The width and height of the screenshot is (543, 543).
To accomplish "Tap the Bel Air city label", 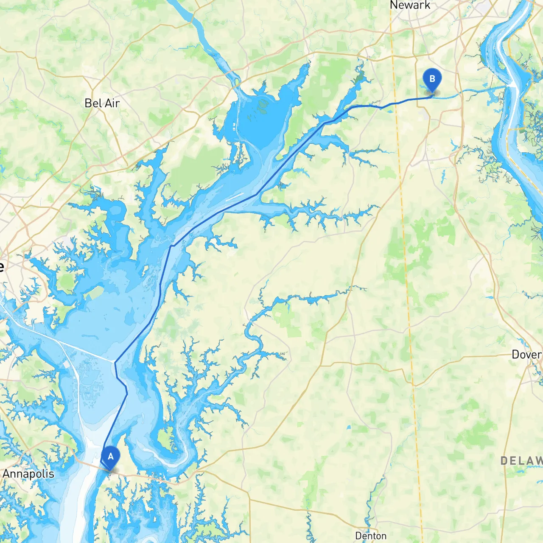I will pyautogui.click(x=102, y=103).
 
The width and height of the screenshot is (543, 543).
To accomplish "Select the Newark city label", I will pyautogui.click(x=410, y=6).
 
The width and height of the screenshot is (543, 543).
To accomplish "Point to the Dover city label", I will pyautogui.click(x=526, y=354).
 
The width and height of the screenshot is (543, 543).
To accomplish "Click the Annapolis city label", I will pyautogui.click(x=28, y=473).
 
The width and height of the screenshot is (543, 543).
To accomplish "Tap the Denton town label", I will pyautogui.click(x=370, y=536).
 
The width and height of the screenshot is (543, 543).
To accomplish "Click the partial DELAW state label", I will pyautogui.click(x=521, y=461).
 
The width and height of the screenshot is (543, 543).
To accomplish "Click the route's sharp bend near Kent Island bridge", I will pyautogui.click(x=115, y=362).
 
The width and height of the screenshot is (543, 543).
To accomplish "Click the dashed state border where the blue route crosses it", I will pyautogui.click(x=395, y=103).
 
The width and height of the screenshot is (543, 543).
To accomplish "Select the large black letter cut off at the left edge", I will pyautogui.click(x=2, y=266).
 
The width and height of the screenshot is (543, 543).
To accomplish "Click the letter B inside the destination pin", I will pyautogui.click(x=432, y=78).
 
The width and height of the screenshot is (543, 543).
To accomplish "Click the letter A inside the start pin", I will pyautogui.click(x=110, y=456).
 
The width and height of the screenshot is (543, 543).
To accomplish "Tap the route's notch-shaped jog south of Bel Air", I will pyautogui.click(x=172, y=245).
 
